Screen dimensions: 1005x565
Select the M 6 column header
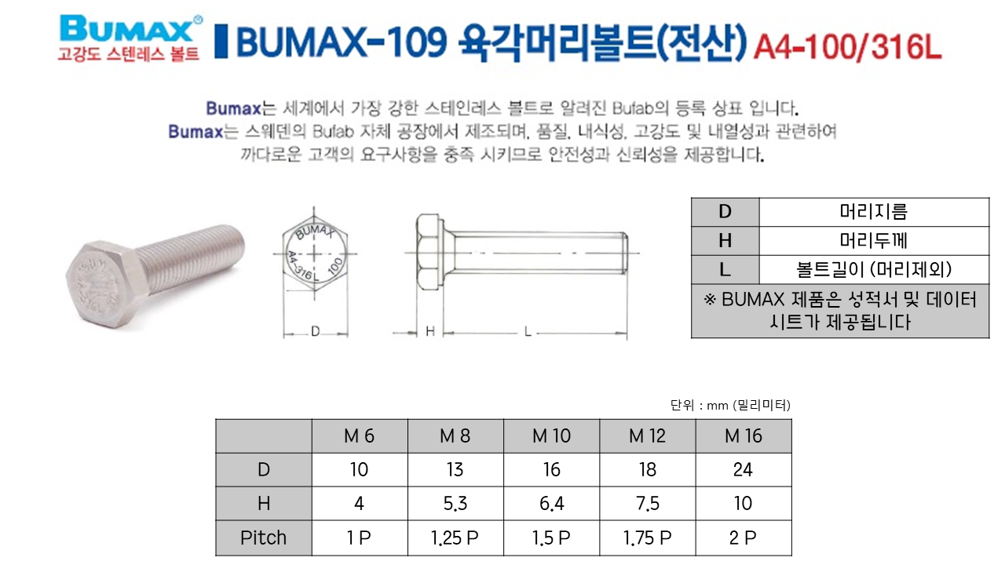pyautogui.click(x=359, y=436)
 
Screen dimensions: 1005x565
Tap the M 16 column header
pyautogui.click(x=744, y=436)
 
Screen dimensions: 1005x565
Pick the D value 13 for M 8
pyautogui.click(x=455, y=469)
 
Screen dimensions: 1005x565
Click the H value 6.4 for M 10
pyautogui.click(x=551, y=504)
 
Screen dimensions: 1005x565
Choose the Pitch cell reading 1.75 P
pyautogui.click(x=647, y=538)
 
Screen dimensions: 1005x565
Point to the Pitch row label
pyautogui.click(x=263, y=538)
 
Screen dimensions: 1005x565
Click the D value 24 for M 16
pyautogui.click(x=743, y=469)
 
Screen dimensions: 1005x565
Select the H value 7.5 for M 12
pyautogui.click(x=648, y=504)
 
